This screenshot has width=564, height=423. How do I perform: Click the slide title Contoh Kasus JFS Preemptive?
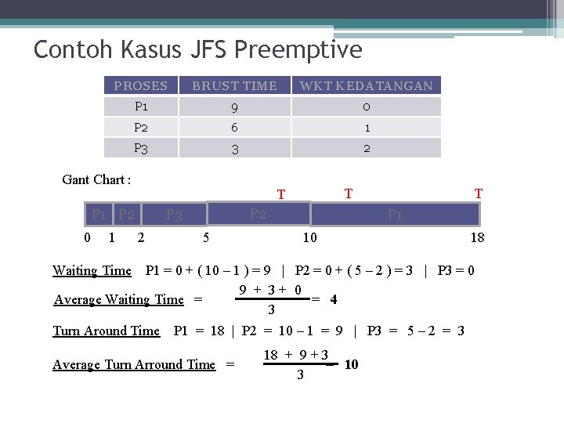(x=197, y=50)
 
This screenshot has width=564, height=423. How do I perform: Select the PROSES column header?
(x=141, y=86)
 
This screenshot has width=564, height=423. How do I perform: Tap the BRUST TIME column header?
(x=234, y=86)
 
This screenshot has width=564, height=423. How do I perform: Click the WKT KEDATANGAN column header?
(x=366, y=86)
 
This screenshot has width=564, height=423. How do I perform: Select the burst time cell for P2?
(x=234, y=128)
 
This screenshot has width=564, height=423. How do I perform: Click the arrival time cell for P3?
(x=366, y=148)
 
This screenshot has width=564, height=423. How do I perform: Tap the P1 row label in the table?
(x=141, y=107)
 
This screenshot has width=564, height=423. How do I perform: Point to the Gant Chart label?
(x=96, y=179)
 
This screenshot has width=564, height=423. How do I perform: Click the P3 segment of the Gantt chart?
(x=174, y=215)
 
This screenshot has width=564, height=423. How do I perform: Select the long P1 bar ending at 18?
(x=395, y=215)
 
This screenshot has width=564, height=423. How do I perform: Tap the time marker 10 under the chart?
(x=310, y=237)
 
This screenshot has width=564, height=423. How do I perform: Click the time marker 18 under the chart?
(x=477, y=237)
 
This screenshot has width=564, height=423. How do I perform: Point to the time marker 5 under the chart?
(x=205, y=237)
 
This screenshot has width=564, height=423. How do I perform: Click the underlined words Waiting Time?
(x=92, y=271)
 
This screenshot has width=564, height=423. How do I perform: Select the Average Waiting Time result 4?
(x=334, y=299)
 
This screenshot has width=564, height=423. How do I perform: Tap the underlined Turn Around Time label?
(x=106, y=331)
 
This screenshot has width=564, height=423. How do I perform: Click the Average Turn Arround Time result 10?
(x=351, y=364)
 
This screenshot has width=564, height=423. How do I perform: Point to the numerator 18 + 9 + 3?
(x=295, y=355)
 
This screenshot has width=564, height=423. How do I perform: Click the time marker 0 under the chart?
(x=87, y=237)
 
